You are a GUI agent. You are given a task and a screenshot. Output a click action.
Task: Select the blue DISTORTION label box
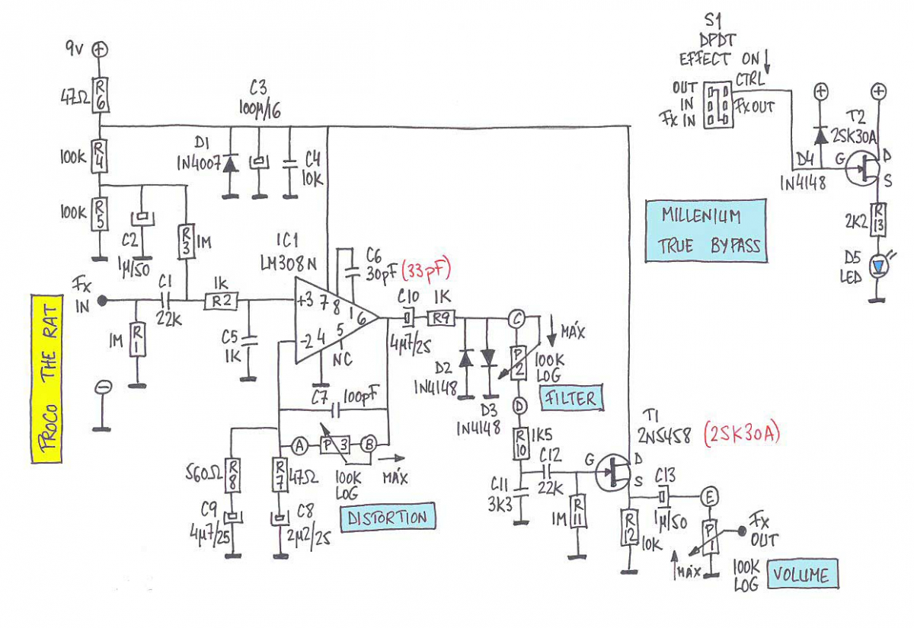point(388,518)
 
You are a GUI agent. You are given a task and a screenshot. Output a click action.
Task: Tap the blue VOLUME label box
point(804,575)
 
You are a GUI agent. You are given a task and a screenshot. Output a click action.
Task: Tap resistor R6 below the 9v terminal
point(100,94)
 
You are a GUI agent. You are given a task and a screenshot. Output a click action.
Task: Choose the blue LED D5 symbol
point(880,266)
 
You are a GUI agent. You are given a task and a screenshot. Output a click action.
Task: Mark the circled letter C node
point(517,320)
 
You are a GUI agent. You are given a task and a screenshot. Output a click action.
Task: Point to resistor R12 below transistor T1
point(629,524)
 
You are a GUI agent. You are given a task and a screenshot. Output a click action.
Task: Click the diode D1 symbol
point(228,162)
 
